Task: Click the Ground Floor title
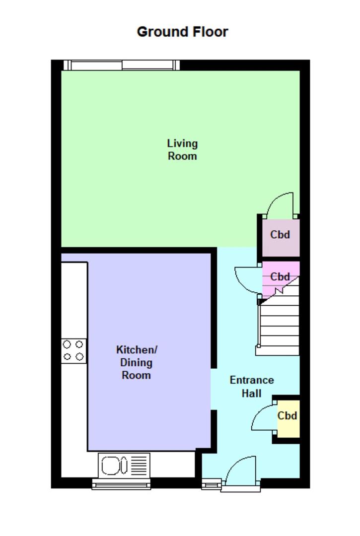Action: [182, 32]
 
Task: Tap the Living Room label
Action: [182, 149]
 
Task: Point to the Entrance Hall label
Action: [251, 387]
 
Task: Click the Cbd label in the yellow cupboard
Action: [287, 416]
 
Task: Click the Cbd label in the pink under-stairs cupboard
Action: [280, 277]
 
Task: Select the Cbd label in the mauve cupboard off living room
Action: [280, 235]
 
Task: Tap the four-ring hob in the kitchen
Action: [73, 350]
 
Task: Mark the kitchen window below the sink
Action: [121, 484]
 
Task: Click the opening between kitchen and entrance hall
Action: [214, 389]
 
